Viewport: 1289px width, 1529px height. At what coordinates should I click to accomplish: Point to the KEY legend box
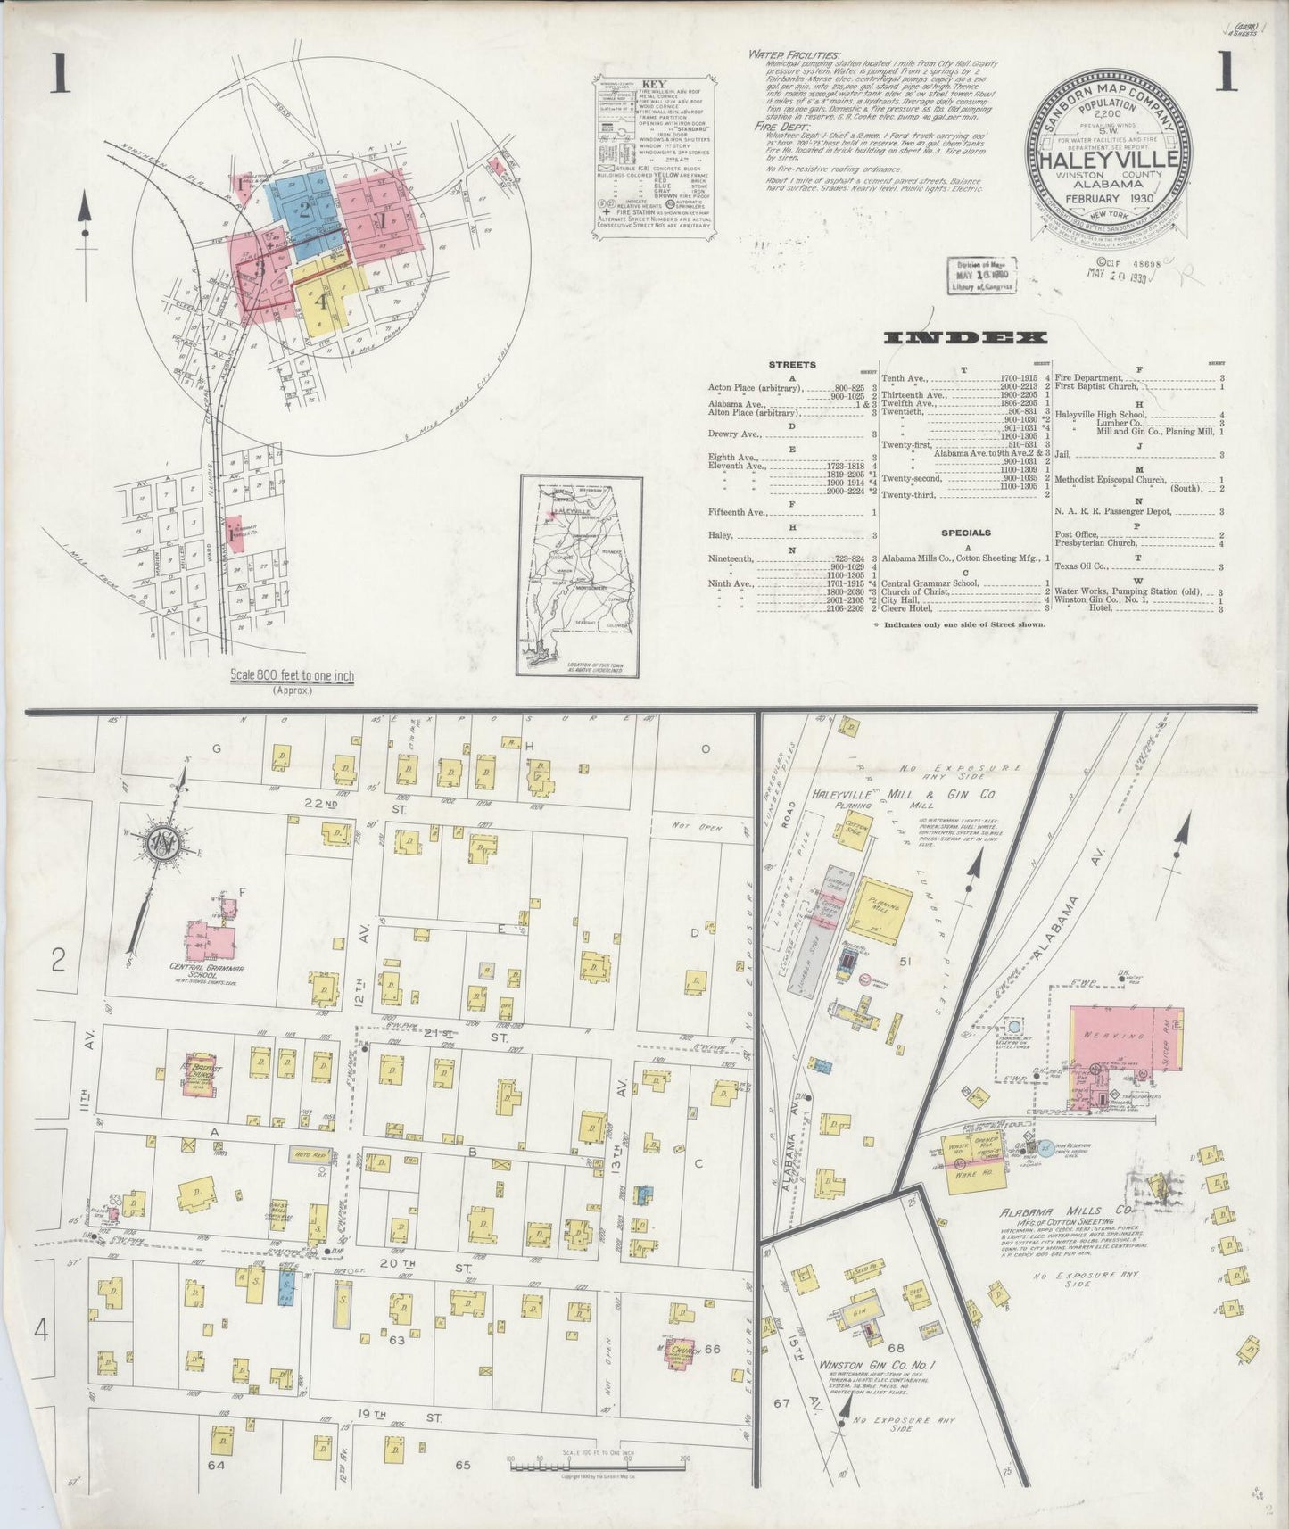click(x=657, y=156)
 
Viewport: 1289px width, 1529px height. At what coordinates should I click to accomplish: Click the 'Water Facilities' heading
click(x=793, y=55)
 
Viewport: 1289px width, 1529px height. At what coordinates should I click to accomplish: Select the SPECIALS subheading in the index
click(x=966, y=533)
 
